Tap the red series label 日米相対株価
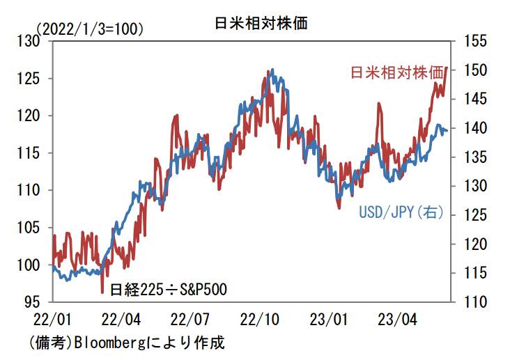397,72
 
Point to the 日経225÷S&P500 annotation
169,287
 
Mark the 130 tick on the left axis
34,41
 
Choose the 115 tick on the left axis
34,153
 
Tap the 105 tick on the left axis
34,228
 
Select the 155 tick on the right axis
472,41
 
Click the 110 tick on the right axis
472,302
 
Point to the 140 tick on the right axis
472,128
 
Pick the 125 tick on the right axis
472,215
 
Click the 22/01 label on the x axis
50,320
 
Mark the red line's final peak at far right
446,68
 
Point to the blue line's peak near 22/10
272,70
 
